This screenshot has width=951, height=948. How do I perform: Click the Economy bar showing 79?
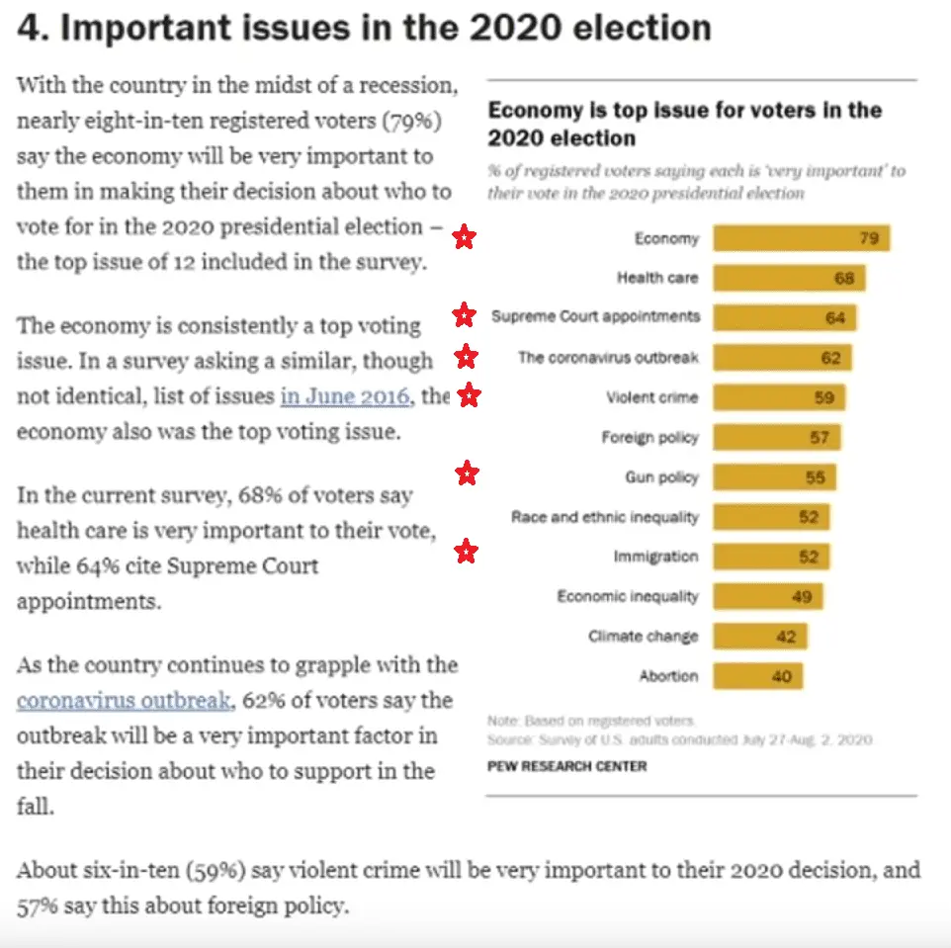(801, 238)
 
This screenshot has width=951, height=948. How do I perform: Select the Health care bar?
(789, 278)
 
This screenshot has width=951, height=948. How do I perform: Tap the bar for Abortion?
(757, 676)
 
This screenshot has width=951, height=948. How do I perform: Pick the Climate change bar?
(759, 637)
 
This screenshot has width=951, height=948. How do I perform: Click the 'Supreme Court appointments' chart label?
(595, 317)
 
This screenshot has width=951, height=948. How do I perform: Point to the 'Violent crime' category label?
(651, 397)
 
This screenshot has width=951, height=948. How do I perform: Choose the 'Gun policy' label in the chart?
(661, 477)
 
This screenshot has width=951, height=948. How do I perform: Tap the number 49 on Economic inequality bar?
(801, 596)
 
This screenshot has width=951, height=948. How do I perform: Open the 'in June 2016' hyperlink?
(344, 396)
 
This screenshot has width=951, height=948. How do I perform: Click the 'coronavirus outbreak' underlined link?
(124, 701)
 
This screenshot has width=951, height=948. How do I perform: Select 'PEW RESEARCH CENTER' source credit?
(566, 766)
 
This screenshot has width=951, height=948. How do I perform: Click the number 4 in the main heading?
(30, 28)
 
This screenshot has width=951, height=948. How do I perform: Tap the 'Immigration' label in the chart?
(655, 557)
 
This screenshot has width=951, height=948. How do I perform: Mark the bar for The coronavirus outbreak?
(782, 358)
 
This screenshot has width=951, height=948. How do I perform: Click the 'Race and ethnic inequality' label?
(604, 517)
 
